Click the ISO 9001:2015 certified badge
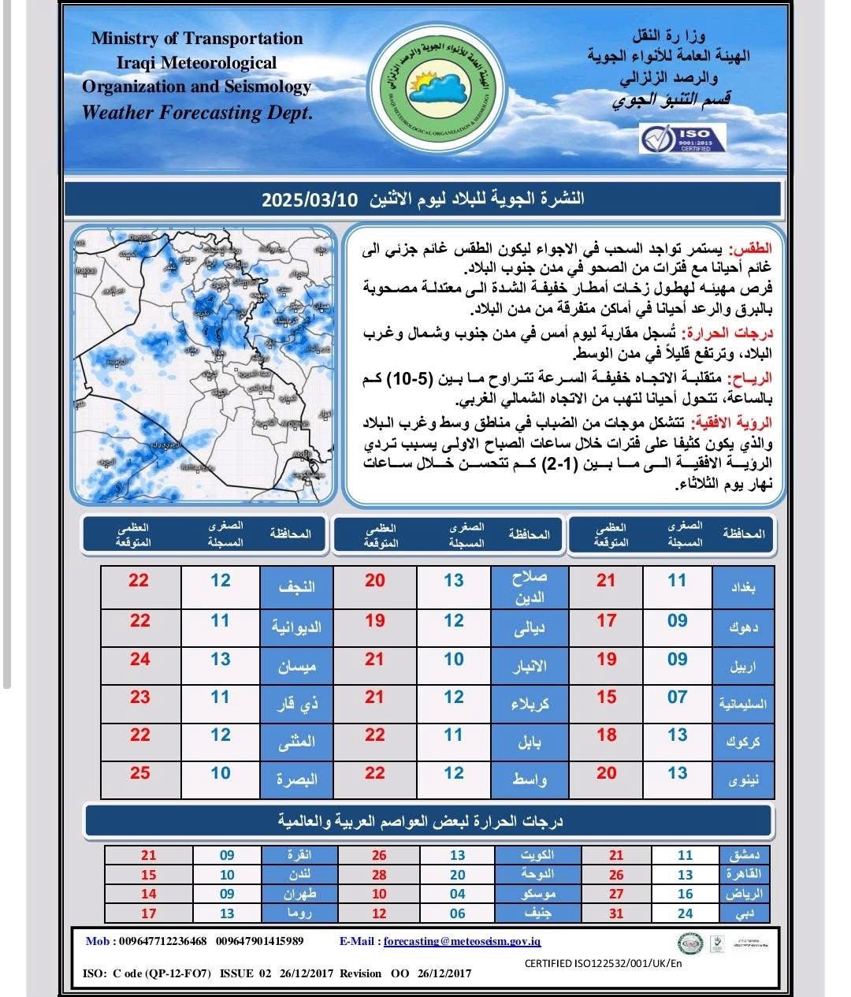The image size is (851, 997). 682,139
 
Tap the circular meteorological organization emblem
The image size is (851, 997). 434,91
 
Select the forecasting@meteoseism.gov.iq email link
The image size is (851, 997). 462,941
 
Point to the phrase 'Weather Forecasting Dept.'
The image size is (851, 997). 197,112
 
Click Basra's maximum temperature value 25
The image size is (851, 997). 140,772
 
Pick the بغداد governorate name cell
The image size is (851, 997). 744,586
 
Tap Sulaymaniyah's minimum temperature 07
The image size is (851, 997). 677,697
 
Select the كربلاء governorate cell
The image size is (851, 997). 529,703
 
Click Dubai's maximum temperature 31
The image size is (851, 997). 616,913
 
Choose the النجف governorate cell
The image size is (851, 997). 297,586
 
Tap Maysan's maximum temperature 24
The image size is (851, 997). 140,659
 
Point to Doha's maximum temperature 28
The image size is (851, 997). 379,875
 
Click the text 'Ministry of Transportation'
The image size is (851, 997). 197,39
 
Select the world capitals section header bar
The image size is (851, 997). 429,821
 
